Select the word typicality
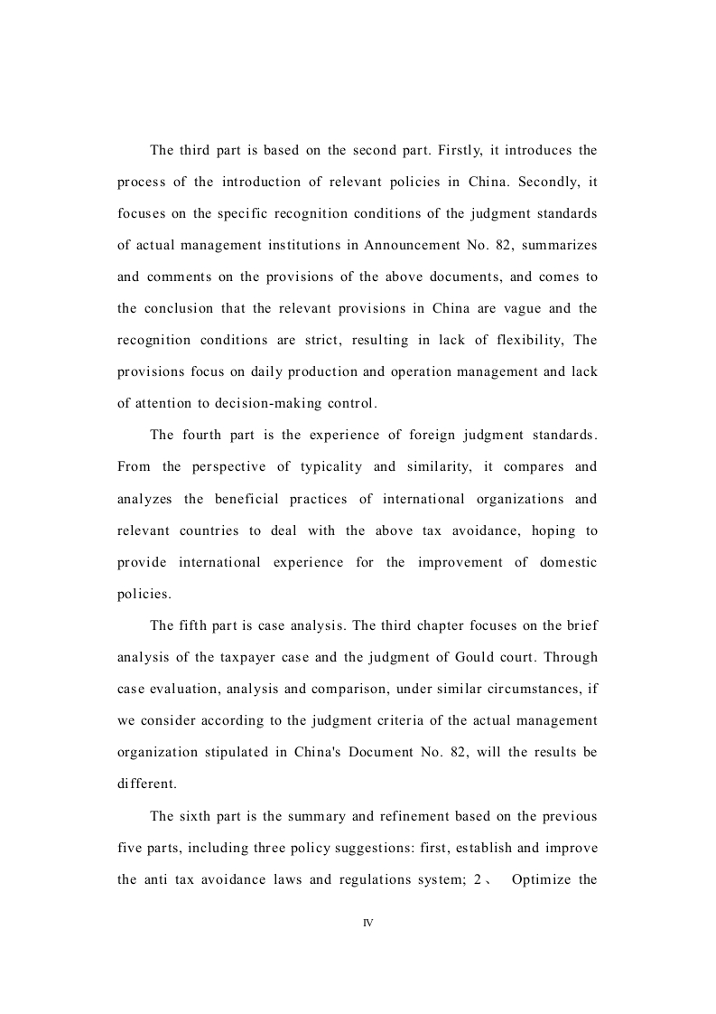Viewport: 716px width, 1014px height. pos(322,467)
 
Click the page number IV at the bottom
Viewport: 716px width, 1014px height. pos(367,924)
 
